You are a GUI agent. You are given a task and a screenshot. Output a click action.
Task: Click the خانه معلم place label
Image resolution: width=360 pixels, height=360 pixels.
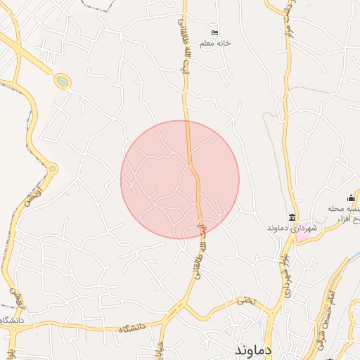point(215,44)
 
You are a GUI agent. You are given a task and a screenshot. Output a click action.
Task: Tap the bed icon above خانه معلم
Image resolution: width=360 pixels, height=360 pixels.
point(215,33)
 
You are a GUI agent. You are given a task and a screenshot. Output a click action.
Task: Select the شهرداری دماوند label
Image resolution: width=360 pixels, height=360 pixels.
point(292,229)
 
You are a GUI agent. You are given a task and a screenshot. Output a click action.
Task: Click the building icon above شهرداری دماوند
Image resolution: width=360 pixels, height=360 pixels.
point(292,217)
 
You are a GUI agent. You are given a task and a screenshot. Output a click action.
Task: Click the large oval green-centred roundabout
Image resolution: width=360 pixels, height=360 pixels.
point(63,82)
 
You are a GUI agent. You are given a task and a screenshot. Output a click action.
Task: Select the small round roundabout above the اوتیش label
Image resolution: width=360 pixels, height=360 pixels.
point(52,169)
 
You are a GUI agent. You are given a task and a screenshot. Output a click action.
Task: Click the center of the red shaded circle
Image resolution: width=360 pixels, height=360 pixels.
point(180,179)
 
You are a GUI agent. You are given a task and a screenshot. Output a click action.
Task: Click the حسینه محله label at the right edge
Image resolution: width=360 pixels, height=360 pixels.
point(344,209)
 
